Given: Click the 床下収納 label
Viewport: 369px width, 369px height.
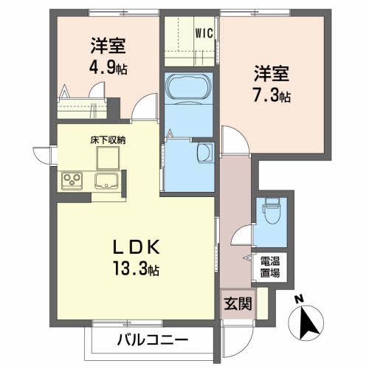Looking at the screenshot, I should (108, 138).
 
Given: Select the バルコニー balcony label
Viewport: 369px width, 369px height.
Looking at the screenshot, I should (153, 340).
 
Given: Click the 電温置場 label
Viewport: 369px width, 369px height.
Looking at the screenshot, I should (269, 266).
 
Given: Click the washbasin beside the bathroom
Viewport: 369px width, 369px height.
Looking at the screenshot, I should (205, 152).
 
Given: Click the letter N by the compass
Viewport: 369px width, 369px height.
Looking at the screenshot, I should (298, 299).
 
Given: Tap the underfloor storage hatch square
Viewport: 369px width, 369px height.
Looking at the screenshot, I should (108, 156).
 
